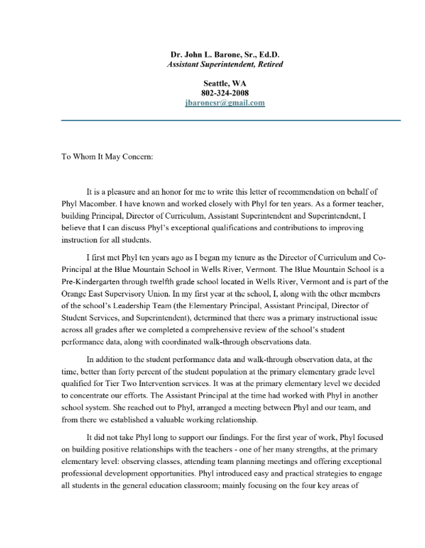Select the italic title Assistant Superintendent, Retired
tap(224, 64)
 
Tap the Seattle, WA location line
tap(224, 83)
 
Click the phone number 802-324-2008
tap(224, 93)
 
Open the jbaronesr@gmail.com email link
tap(224, 102)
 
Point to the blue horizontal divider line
tap(231, 120)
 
